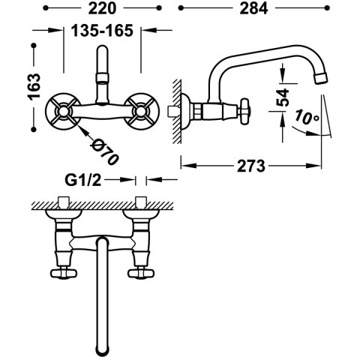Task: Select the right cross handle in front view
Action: tap(139, 112)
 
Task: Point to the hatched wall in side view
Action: tap(176, 112)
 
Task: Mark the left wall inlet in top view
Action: tap(62, 202)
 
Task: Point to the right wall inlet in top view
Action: tap(139, 202)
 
